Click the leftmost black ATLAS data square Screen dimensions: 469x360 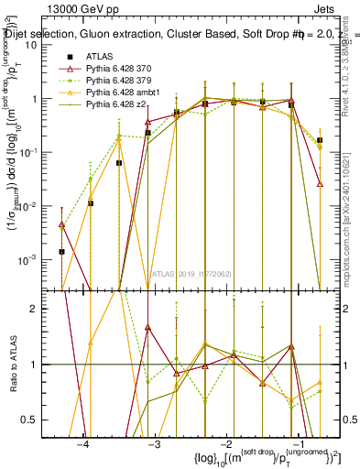61,251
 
